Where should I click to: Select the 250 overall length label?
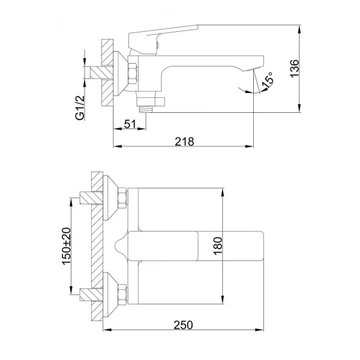[x=184, y=325]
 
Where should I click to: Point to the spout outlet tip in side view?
[x=259, y=65]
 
